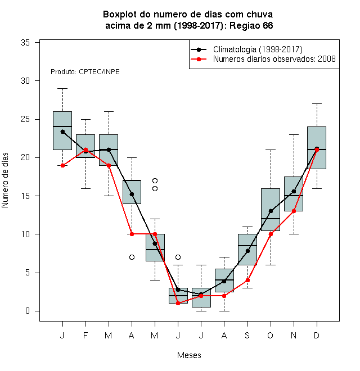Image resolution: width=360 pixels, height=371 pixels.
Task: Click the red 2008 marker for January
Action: pyautogui.click(x=62, y=165)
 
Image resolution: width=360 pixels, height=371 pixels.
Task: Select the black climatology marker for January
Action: pyautogui.click(x=62, y=132)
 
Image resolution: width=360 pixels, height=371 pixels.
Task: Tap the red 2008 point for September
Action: pyautogui.click(x=247, y=280)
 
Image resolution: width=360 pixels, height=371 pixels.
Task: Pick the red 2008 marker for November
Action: pyautogui.click(x=294, y=211)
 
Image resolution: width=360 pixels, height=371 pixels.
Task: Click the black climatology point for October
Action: pyautogui.click(x=271, y=211)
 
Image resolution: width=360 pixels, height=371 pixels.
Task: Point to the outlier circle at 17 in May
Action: pyautogui.click(x=155, y=181)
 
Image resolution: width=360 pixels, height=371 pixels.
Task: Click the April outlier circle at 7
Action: pyautogui.click(x=132, y=257)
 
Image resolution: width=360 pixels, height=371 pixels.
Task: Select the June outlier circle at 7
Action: pyautogui.click(x=178, y=257)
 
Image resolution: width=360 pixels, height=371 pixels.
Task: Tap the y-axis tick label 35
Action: pyautogui.click(x=25, y=43)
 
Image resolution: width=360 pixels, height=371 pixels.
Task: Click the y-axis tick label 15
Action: pyautogui.click(x=25, y=196)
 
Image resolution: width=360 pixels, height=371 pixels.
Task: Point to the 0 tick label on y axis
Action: pyautogui.click(x=28, y=311)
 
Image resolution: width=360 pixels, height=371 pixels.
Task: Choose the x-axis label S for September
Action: pyautogui.click(x=247, y=335)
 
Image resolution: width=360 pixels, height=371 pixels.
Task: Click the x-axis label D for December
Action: pyautogui.click(x=317, y=335)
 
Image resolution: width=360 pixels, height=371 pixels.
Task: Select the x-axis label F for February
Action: pyautogui.click(x=85, y=335)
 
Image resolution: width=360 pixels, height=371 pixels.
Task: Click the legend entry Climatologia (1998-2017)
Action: pyautogui.click(x=258, y=49)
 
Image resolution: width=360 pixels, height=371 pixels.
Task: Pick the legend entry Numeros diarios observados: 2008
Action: pyautogui.click(x=274, y=59)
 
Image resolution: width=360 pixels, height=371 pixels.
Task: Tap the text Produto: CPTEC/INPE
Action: pyautogui.click(x=85, y=72)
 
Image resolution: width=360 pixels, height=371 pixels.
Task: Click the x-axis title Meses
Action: pyautogui.click(x=189, y=355)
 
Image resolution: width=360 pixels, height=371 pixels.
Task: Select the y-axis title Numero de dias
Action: pyautogui.click(x=5, y=180)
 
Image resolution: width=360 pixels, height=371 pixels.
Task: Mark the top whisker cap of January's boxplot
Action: pyautogui.click(x=62, y=88)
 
